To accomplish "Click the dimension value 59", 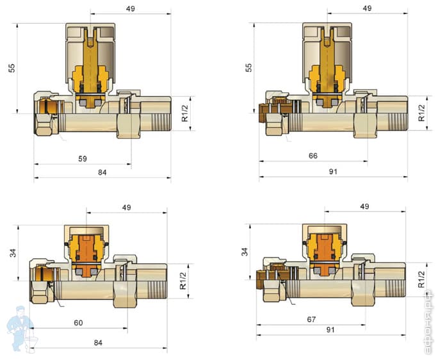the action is (x=83, y=159).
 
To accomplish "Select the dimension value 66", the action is (x=313, y=156).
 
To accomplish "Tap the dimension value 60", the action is (x=78, y=323).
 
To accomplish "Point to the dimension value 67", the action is (x=311, y=319).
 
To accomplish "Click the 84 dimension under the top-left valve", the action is (x=102, y=172).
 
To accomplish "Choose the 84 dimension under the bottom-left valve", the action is (x=98, y=343).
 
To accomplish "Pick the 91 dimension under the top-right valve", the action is (x=333, y=171).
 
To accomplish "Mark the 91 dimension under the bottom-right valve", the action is (x=330, y=330).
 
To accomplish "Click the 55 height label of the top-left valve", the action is (x=12, y=68).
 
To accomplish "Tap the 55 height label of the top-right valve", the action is (x=248, y=68).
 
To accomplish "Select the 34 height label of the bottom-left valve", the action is (x=13, y=253).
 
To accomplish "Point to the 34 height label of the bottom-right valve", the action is (x=245, y=252).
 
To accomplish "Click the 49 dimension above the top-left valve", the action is (x=130, y=9).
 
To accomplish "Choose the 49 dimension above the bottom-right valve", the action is (x=364, y=206).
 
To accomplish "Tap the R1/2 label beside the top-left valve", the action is (x=185, y=113).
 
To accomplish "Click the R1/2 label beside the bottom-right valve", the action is (x=421, y=279).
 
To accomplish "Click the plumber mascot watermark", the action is (x=21, y=329).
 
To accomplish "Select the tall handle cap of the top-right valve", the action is (x=327, y=53).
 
